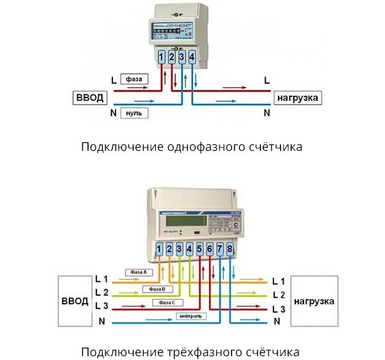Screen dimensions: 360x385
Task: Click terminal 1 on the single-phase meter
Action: pyautogui.click(x=161, y=58)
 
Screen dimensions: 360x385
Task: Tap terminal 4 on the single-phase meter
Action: pyautogui.click(x=192, y=58)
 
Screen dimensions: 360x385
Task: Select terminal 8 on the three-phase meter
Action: pyautogui.click(x=230, y=248)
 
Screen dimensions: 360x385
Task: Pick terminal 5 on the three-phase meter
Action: pyautogui.click(x=200, y=248)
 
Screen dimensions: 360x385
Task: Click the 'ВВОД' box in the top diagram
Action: pyautogui.click(x=89, y=98)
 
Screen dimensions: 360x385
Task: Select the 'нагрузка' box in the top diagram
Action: pyautogui.click(x=298, y=98)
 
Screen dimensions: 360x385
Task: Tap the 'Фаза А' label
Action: pyautogui.click(x=139, y=272)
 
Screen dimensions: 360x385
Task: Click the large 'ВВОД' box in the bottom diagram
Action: pyautogui.click(x=74, y=300)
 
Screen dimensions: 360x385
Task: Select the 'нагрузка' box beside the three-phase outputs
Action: pyautogui.click(x=314, y=300)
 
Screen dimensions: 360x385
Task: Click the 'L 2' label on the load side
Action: pyautogui.click(x=278, y=295)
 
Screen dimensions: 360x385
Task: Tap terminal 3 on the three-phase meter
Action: pyautogui.click(x=179, y=248)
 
